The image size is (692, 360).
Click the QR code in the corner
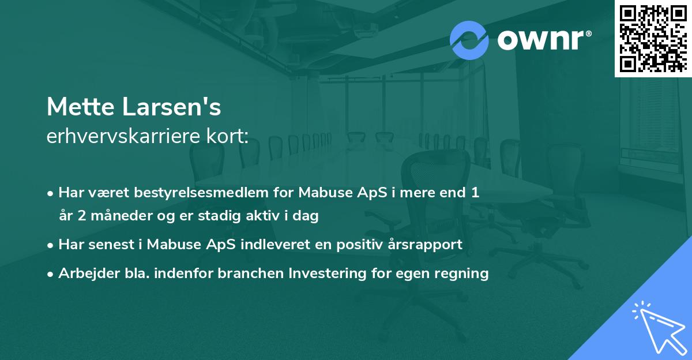[x=653, y=38]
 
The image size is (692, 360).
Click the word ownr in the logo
[x=540, y=40]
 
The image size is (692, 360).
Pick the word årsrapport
[x=426, y=245]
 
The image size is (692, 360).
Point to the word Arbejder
[x=84, y=273]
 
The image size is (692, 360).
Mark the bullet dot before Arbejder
[x=51, y=274]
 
